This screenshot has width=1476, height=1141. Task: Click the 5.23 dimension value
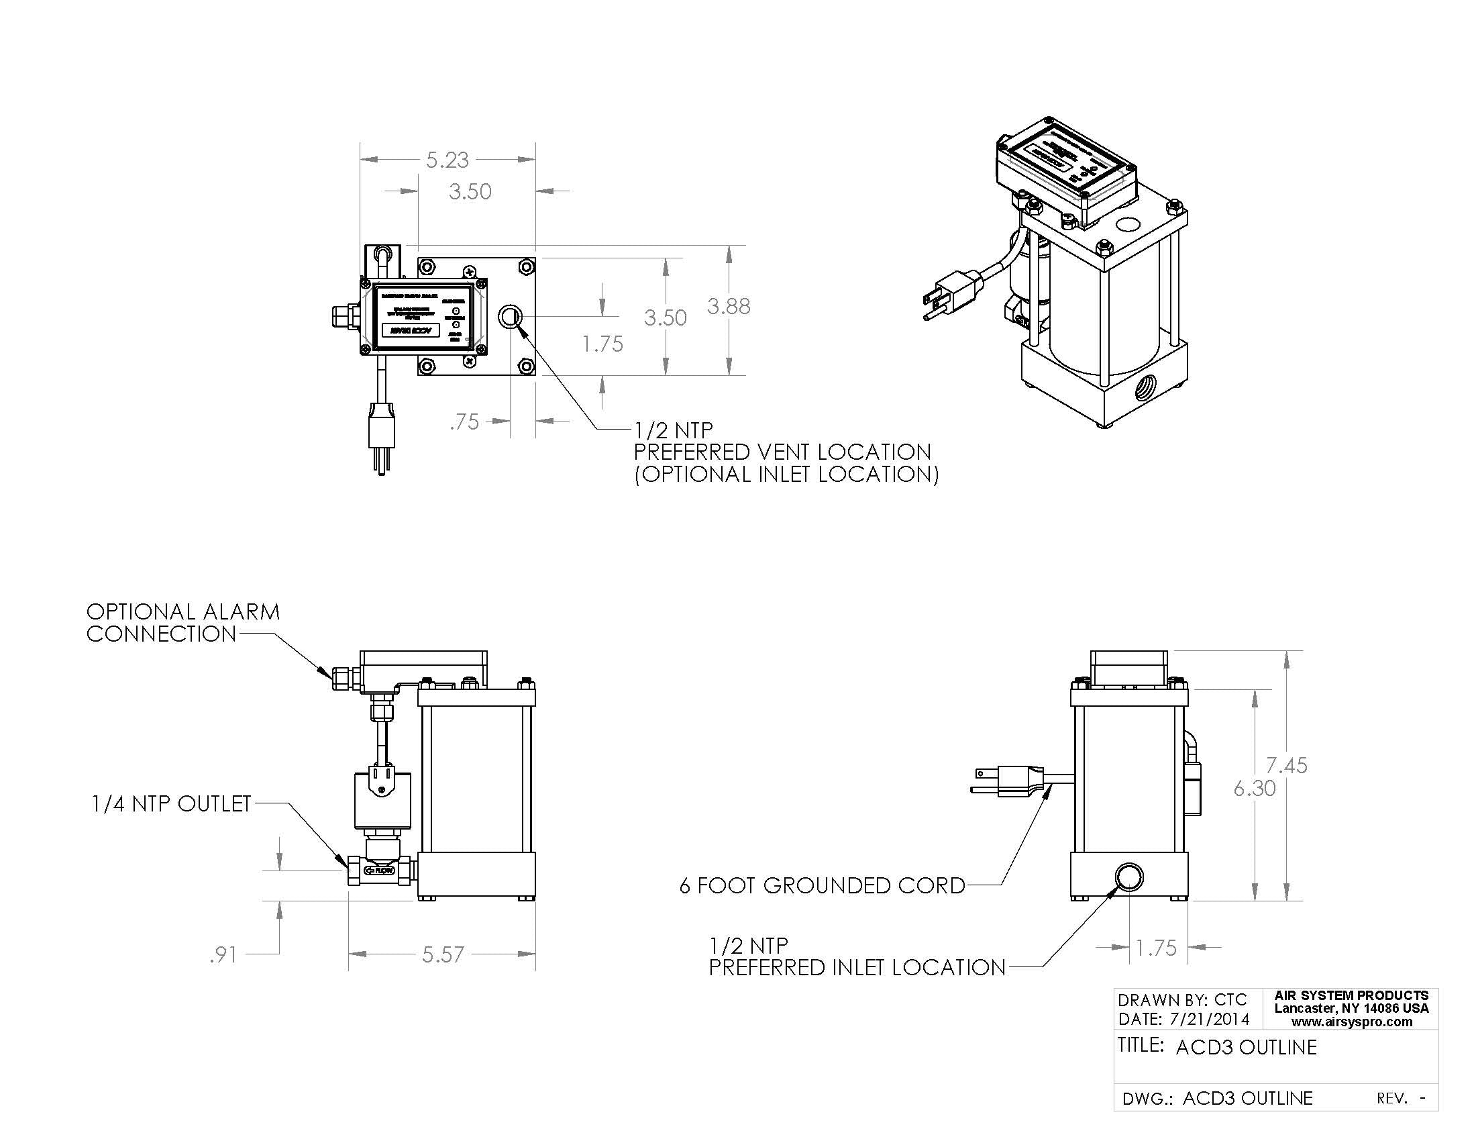click(x=447, y=160)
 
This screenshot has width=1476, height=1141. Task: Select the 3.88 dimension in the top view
click(x=729, y=307)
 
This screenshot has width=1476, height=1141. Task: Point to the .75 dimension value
click(x=464, y=421)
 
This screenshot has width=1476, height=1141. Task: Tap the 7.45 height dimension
click(x=1286, y=765)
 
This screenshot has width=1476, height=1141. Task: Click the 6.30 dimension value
click(x=1255, y=788)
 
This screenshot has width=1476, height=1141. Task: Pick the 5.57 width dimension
click(x=443, y=954)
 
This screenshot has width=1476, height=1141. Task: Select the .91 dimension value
click(x=223, y=955)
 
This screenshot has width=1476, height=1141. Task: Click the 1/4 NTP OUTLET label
click(x=172, y=803)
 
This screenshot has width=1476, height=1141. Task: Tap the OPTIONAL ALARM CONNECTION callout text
click(x=182, y=623)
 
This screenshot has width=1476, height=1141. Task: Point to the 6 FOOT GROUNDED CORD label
click(x=822, y=885)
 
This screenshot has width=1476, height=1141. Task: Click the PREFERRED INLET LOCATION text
click(x=857, y=967)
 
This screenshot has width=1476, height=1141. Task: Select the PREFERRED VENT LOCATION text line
click(x=782, y=452)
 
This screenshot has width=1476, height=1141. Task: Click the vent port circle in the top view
click(x=510, y=316)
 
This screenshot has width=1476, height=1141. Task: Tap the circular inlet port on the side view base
click(x=1128, y=877)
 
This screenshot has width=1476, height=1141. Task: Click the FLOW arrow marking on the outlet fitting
click(x=380, y=871)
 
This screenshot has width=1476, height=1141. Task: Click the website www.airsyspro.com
click(x=1352, y=1022)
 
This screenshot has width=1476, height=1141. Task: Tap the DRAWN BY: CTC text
click(x=1181, y=1000)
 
